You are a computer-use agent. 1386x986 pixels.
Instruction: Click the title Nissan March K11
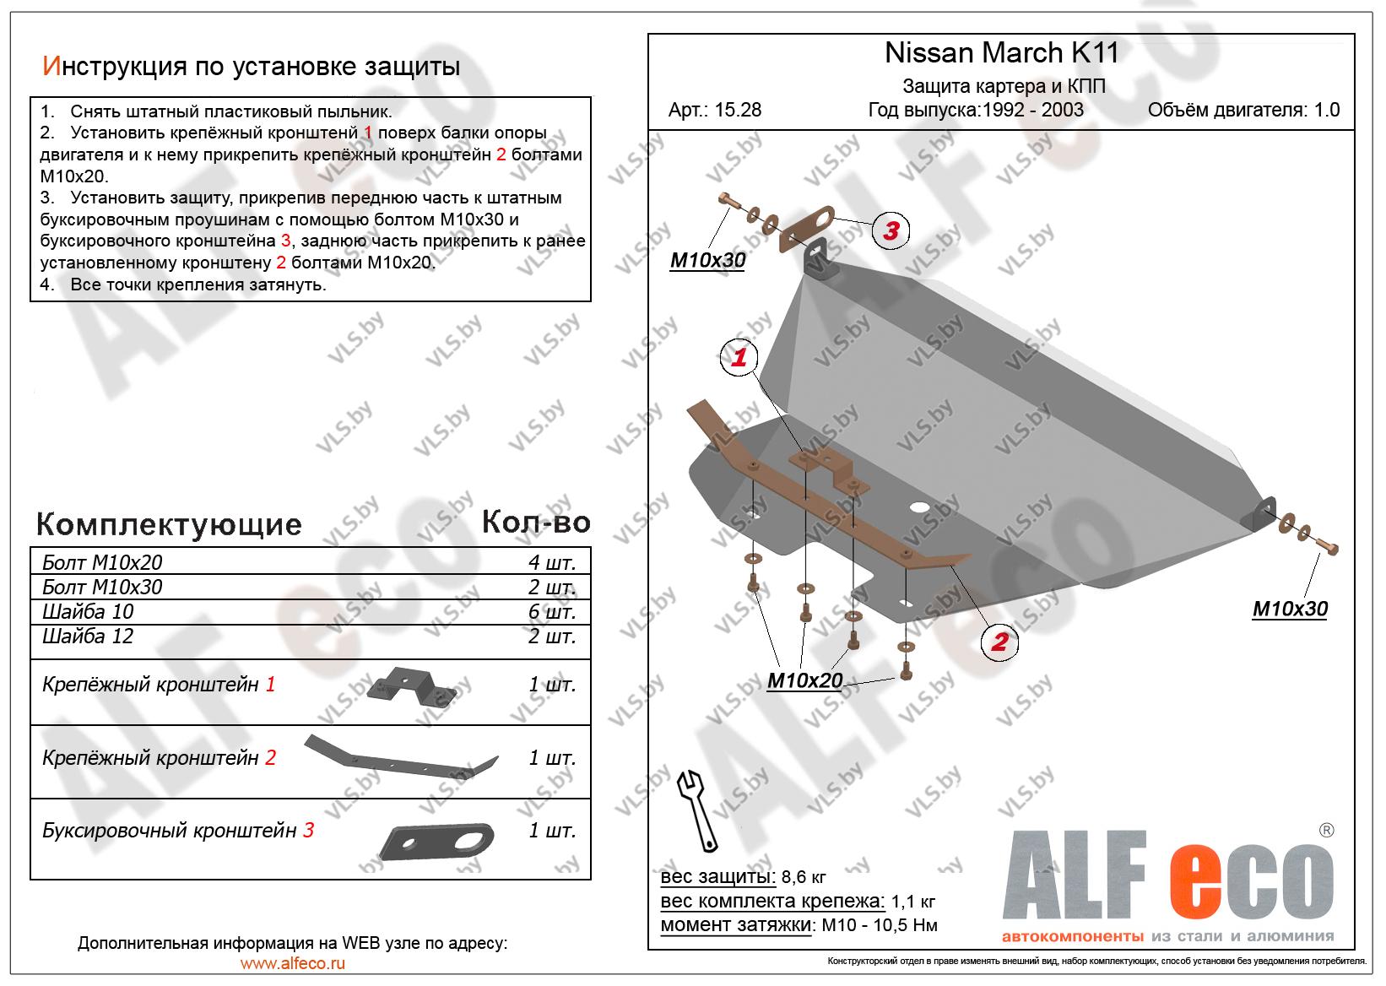1001,53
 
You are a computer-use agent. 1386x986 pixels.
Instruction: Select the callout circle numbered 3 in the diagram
891,230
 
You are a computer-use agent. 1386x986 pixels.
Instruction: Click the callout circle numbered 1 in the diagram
739,358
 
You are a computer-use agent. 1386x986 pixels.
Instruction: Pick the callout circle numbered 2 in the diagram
999,642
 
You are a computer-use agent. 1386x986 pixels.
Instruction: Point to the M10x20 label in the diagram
804,680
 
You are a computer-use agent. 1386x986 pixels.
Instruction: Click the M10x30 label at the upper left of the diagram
707,260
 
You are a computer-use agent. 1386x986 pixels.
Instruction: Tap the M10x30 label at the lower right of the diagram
1289,609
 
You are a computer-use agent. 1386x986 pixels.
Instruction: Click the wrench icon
697,808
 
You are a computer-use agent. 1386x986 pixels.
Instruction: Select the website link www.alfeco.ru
293,963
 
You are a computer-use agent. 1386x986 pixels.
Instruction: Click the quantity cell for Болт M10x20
552,563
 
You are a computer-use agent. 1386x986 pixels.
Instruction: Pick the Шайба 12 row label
88,636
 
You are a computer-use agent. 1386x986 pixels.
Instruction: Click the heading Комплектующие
169,524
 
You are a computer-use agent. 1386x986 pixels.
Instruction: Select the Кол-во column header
536,523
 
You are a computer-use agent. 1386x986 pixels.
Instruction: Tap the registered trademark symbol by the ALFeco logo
1326,830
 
